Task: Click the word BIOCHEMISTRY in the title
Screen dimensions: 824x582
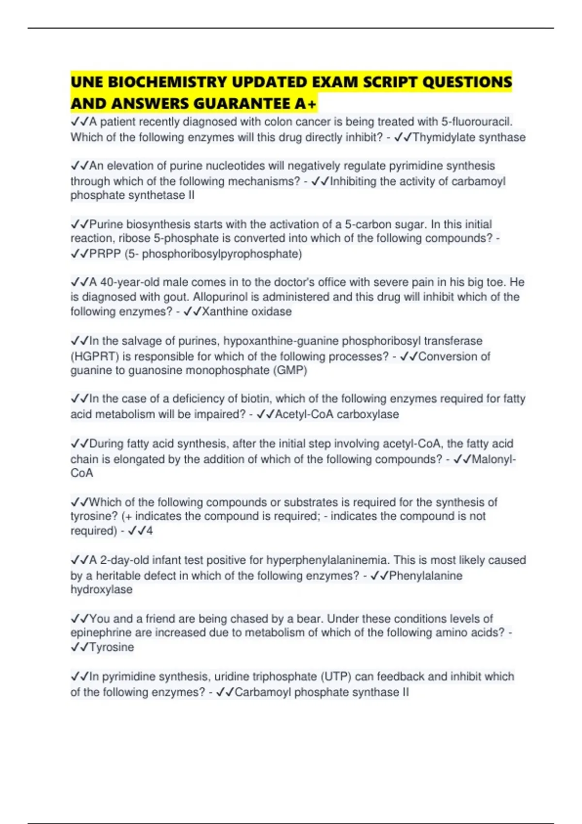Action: click(x=167, y=82)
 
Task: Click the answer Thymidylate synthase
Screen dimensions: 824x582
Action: click(x=469, y=138)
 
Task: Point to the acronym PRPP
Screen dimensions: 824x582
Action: click(x=105, y=254)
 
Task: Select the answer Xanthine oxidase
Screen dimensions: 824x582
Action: click(x=246, y=312)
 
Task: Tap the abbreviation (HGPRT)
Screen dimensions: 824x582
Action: click(x=95, y=357)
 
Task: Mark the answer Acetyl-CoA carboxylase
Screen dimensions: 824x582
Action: click(x=337, y=414)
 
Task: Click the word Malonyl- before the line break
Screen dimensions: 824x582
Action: click(x=493, y=459)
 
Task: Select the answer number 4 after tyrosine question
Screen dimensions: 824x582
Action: click(x=149, y=531)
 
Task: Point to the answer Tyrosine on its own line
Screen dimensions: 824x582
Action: click(x=112, y=648)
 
